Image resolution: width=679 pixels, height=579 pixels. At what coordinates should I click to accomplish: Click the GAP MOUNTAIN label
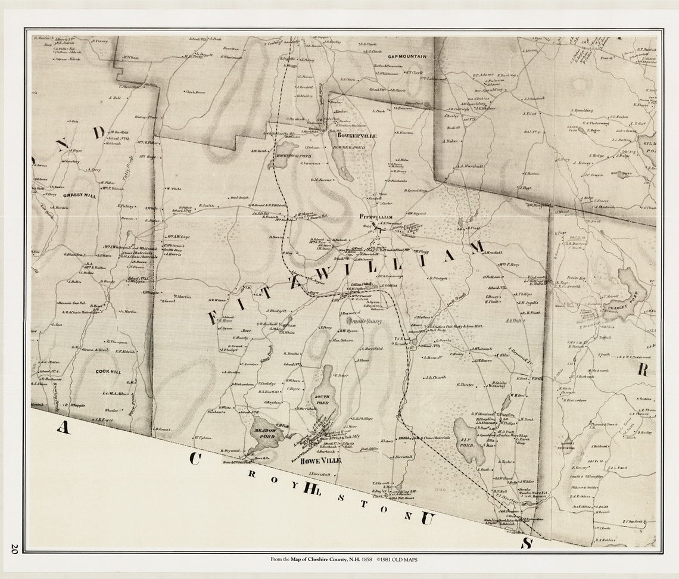click(407, 57)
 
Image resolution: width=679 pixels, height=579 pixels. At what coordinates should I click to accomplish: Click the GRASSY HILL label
click(80, 195)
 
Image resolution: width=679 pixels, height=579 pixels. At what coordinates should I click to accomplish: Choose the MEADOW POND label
click(265, 434)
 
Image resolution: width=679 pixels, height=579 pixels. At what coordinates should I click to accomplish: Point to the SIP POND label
click(469, 442)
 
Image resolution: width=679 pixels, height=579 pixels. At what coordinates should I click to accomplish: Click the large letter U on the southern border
click(426, 518)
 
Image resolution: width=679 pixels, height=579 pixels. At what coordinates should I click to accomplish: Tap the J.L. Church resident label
click(436, 377)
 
